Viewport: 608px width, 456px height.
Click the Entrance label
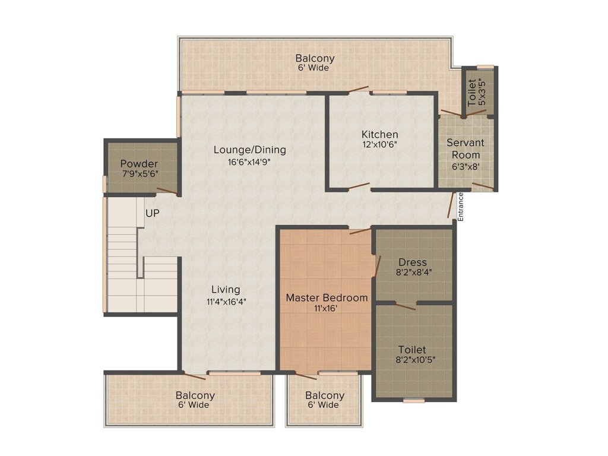click(x=461, y=207)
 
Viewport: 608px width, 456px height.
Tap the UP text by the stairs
click(x=153, y=213)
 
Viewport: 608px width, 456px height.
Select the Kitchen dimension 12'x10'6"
click(x=380, y=145)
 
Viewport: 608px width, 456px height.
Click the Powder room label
click(x=139, y=164)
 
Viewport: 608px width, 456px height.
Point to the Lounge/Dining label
click(x=250, y=150)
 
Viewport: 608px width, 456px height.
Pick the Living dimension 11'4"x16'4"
click(x=226, y=301)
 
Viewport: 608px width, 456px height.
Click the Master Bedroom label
click(x=327, y=298)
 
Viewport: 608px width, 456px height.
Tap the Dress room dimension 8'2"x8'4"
click(x=413, y=272)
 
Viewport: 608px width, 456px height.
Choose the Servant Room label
click(x=465, y=148)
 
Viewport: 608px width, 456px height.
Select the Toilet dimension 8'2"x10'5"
click(x=415, y=360)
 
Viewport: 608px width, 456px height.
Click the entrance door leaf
click(x=451, y=205)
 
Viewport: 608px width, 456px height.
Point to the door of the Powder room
click(x=167, y=191)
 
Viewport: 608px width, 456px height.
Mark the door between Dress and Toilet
click(x=405, y=306)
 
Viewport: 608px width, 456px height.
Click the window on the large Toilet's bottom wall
click(x=414, y=401)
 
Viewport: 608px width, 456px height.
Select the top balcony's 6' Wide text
click(x=313, y=68)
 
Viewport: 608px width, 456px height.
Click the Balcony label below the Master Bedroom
click(x=325, y=395)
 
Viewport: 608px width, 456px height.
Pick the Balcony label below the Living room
click(x=195, y=395)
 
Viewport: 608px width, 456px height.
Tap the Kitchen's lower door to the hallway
click(x=359, y=186)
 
